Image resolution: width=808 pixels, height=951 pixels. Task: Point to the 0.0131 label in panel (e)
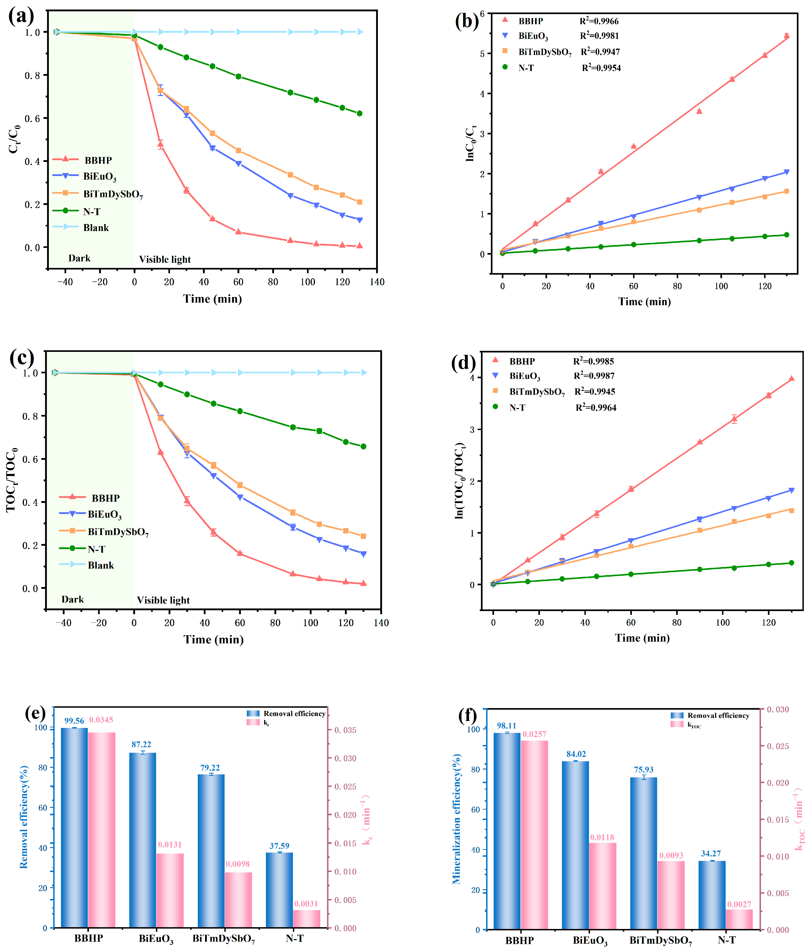(170, 844)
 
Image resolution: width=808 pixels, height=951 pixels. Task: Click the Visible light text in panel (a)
(165, 260)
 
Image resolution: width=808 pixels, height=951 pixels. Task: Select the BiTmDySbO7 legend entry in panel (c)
(118, 532)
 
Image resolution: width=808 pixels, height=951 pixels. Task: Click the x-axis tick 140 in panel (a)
(377, 282)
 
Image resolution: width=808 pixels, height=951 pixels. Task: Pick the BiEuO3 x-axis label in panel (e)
(156, 939)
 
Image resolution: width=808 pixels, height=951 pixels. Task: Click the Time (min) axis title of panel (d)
(642, 638)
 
